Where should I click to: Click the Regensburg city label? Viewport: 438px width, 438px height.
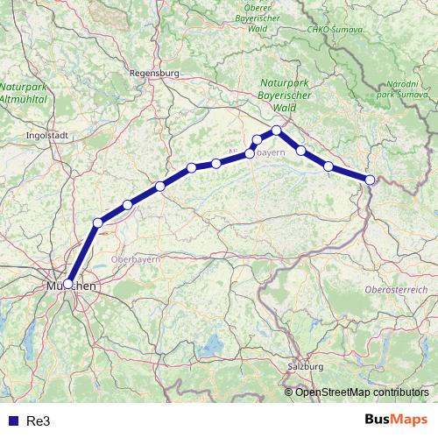[153, 74]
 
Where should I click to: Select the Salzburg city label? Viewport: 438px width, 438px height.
[306, 366]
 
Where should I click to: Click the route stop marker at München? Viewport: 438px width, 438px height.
[67, 284]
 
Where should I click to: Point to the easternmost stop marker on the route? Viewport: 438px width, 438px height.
[370, 180]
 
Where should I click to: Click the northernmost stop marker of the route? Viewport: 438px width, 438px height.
[276, 131]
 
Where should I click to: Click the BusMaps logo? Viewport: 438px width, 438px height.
[397, 420]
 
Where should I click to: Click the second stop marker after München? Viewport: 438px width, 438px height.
[127, 205]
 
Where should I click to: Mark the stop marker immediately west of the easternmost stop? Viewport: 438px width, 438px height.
[328, 166]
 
